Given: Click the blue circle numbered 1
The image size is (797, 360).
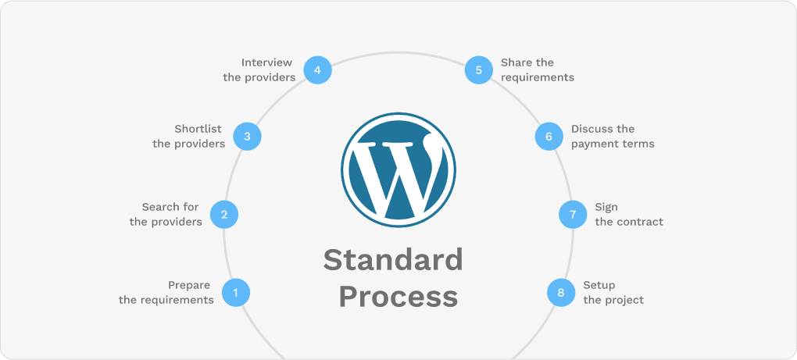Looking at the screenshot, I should tap(236, 293).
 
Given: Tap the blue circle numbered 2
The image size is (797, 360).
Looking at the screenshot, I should tap(224, 215).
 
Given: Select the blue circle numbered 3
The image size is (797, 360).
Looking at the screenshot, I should tap(247, 137).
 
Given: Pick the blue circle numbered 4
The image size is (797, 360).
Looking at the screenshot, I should tap(317, 70).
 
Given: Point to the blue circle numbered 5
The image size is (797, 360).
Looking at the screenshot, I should tap(478, 70).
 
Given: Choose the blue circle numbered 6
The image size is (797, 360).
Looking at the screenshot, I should tap(549, 137).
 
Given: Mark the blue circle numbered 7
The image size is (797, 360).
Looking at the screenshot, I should tap(573, 215).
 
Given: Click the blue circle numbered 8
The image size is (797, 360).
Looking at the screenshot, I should tap(560, 293).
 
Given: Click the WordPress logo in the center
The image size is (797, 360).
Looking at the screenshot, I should tap(398, 169).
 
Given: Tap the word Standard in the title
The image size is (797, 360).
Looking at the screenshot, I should tap(393, 260).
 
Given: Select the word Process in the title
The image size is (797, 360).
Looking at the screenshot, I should tap(398, 297).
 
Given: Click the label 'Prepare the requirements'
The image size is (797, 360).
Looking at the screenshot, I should tap(166, 292).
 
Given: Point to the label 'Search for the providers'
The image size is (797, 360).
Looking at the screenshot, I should tap(166, 214).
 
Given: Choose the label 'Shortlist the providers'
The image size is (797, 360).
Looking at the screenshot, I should tap(189, 136).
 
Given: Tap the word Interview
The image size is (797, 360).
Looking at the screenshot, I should tap(266, 62).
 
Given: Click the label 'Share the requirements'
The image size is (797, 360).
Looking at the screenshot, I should tap(538, 70).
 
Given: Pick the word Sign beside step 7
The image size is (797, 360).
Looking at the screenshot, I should tap(606, 207).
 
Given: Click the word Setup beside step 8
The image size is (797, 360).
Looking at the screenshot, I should tap(599, 285).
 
